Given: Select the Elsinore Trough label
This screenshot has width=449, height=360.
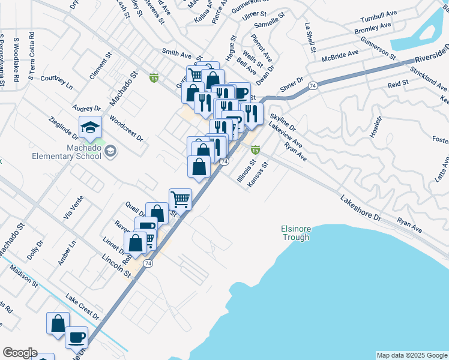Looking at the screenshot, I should (x=295, y=233).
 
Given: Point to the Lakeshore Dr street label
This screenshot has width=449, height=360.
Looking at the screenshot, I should (x=360, y=207).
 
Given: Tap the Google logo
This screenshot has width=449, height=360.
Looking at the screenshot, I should (x=19, y=353).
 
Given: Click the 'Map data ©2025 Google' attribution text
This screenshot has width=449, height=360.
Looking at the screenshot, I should (x=411, y=355).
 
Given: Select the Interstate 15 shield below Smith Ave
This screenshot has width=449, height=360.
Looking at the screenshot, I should (x=154, y=77).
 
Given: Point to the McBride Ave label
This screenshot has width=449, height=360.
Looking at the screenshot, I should (x=340, y=55).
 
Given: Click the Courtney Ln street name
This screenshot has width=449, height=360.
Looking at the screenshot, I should (x=56, y=82).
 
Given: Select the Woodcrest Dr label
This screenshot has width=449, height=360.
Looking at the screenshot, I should (x=126, y=128).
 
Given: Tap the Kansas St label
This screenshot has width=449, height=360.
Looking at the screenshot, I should (x=256, y=174).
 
